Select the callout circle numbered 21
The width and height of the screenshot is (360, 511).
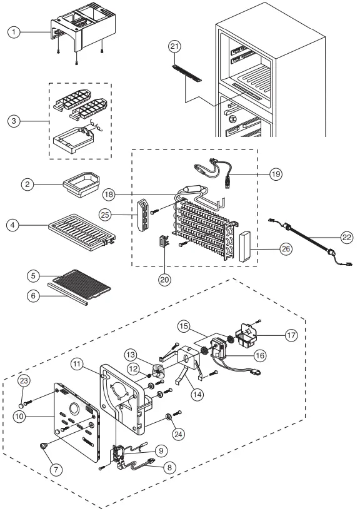(175, 46)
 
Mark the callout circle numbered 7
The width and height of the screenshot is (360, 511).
(56, 469)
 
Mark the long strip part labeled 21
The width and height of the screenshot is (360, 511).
(186, 73)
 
